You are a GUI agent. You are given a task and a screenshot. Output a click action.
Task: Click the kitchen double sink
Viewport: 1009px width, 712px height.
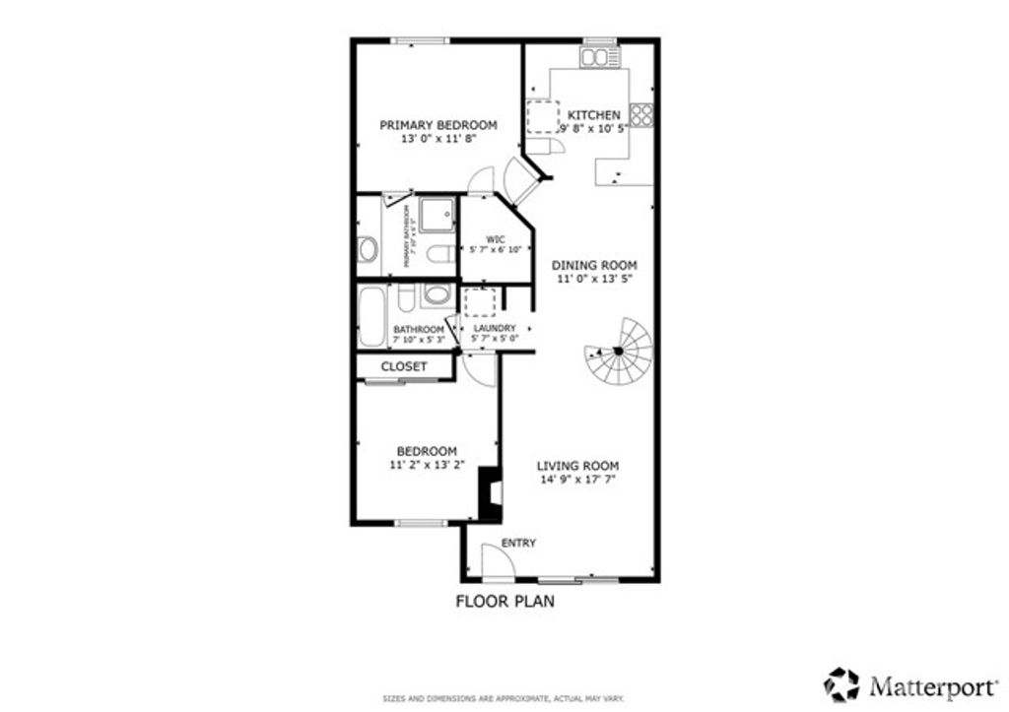[x=594, y=58]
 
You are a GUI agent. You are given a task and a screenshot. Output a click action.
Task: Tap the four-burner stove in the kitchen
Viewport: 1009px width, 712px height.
[x=641, y=114]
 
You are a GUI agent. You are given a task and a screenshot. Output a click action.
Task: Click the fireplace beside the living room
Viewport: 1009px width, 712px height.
[x=488, y=491]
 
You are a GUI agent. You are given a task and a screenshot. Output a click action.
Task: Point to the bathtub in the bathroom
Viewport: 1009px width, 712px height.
[x=371, y=317]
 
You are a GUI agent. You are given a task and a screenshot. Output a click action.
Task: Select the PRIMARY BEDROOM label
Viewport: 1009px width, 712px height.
[x=438, y=125]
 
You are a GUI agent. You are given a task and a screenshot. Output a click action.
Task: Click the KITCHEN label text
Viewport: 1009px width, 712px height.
[x=593, y=114]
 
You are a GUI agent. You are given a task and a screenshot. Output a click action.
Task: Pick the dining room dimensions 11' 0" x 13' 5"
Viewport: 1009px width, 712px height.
[x=594, y=279]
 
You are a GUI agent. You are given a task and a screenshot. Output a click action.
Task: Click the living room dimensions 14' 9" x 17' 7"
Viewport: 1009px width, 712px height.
[x=577, y=480]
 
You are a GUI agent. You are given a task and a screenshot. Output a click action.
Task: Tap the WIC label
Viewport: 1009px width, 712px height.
[x=496, y=239]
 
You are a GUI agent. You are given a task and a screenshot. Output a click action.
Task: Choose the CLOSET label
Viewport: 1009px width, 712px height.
[x=404, y=366]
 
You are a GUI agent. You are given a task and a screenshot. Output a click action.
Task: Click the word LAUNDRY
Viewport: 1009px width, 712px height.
[x=494, y=328]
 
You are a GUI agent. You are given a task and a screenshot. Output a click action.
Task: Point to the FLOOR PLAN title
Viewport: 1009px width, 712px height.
[x=504, y=601]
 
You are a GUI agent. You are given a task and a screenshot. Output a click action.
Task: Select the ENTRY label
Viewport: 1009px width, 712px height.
[x=518, y=544]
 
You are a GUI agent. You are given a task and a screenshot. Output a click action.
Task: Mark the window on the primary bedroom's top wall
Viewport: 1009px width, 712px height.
[x=421, y=40]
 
